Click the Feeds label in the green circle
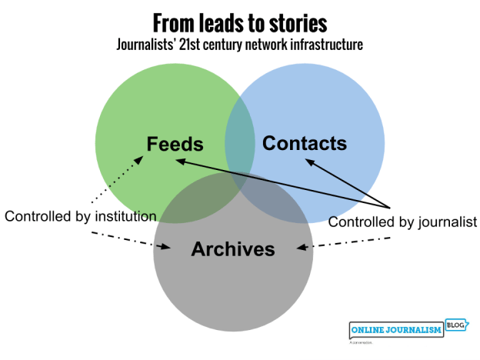click(175, 144)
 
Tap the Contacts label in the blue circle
click(305, 143)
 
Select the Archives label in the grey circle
click(233, 248)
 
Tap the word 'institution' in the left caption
click(124, 216)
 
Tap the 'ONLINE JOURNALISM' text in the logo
click(395, 330)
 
